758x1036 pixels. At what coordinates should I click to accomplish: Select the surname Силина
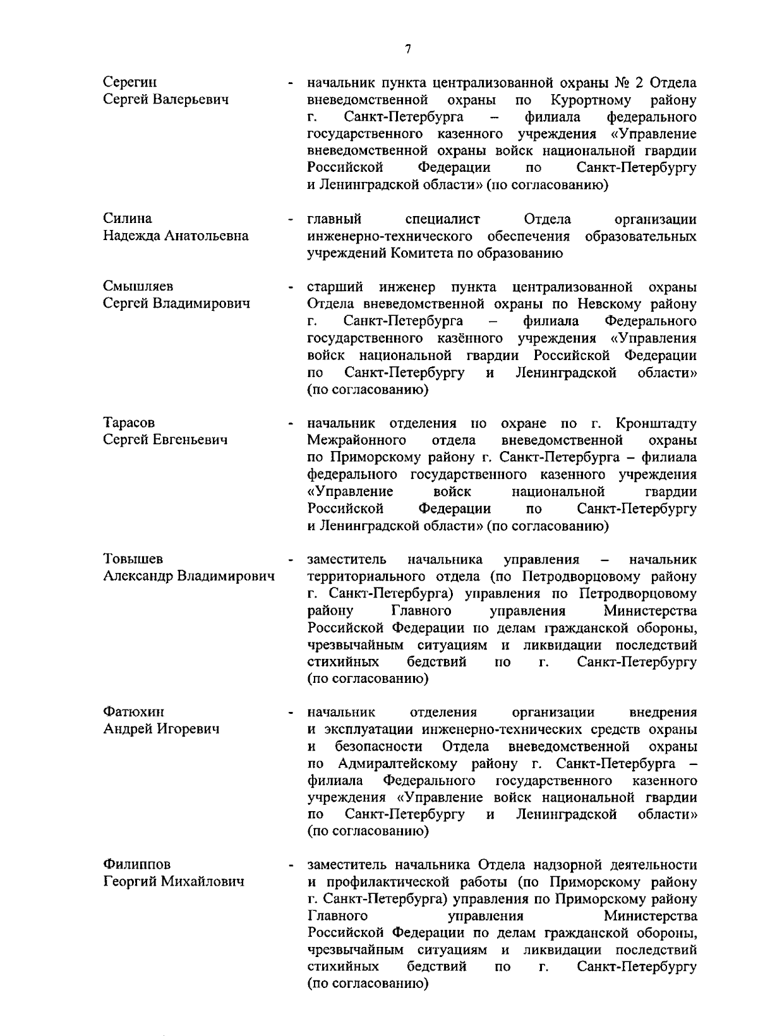[127, 219]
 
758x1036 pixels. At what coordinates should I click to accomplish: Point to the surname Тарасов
[129, 423]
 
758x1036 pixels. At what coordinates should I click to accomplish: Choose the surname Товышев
[133, 559]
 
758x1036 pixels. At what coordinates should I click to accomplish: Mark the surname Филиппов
[136, 864]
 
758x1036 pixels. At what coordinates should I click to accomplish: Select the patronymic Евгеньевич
[191, 440]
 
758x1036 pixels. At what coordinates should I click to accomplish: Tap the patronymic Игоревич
[188, 729]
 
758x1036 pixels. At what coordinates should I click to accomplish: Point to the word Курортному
[591, 100]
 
